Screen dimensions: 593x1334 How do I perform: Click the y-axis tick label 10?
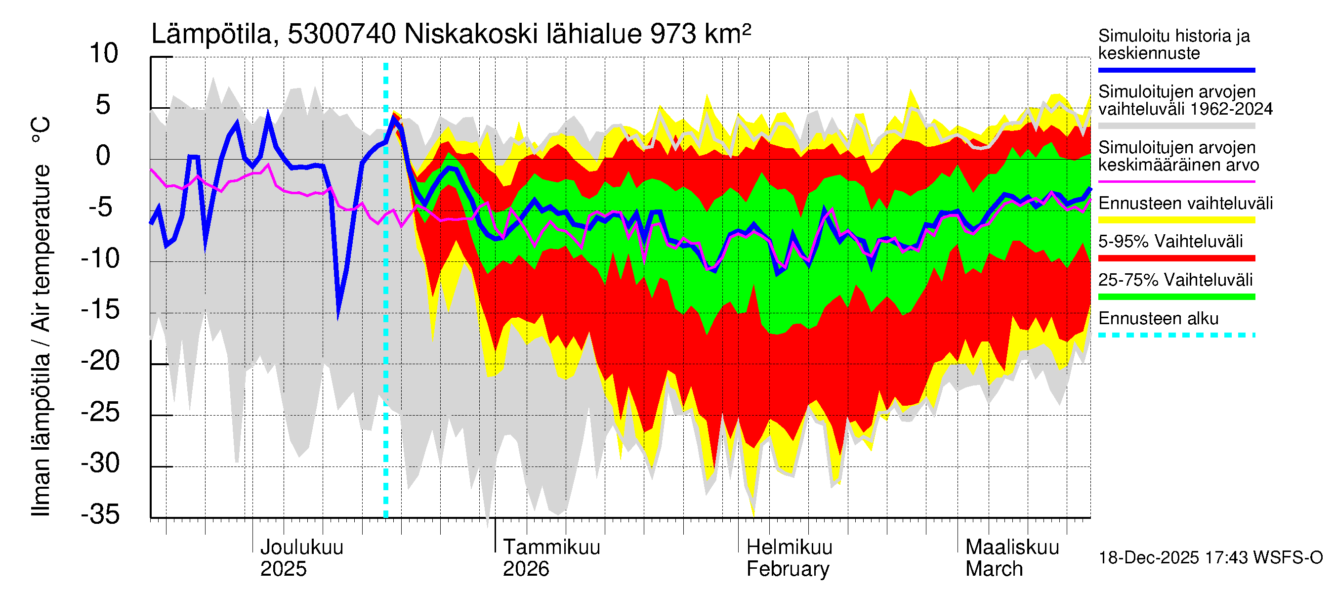(x=104, y=54)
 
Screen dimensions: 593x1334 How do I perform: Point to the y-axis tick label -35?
(x=100, y=515)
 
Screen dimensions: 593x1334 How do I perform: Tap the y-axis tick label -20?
(x=100, y=361)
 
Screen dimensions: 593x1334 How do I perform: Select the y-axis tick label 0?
(x=103, y=156)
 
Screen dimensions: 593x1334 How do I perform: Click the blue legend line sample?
(x=1176, y=70)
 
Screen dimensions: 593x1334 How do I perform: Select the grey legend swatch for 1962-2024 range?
(x=1176, y=126)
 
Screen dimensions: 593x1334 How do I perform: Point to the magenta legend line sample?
(x=1176, y=182)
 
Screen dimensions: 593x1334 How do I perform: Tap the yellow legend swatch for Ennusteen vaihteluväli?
(x=1176, y=220)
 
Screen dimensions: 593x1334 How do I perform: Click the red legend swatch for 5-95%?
(x=1176, y=258)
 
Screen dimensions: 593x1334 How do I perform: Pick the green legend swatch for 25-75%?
(x=1176, y=297)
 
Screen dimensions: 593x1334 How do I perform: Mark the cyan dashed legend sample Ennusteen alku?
(x=1176, y=335)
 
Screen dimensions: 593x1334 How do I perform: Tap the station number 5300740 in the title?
(x=342, y=35)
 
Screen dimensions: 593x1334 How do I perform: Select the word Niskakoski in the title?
(x=471, y=35)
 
